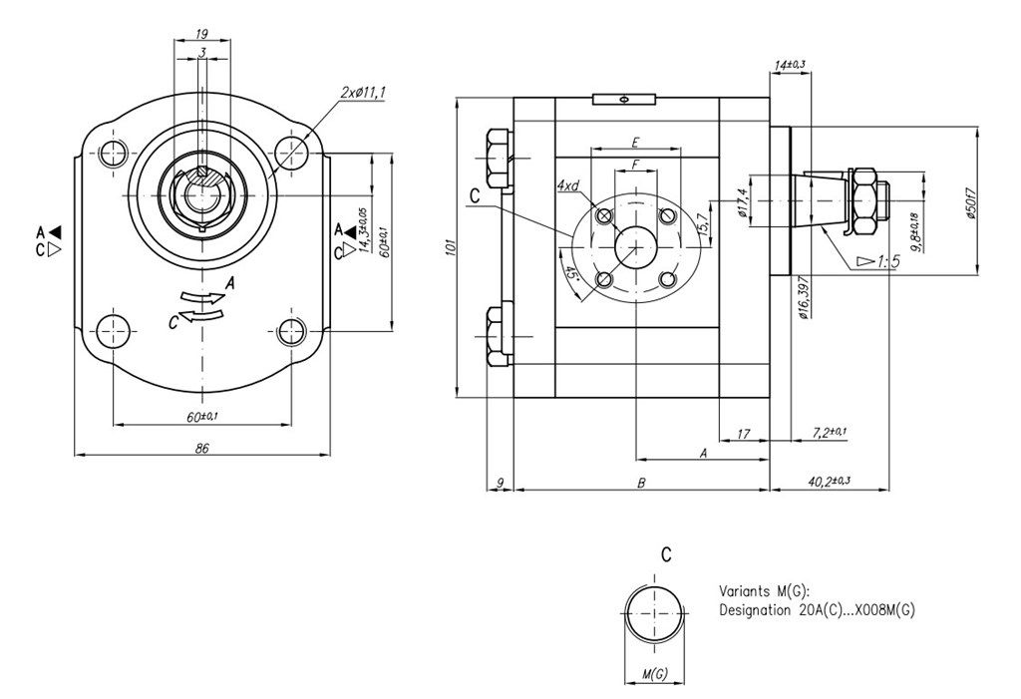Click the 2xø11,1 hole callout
click(363, 92)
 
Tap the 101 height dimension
click(449, 246)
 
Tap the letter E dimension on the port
click(634, 142)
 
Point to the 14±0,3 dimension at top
click(789, 65)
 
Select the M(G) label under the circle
click(654, 674)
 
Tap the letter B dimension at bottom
click(642, 483)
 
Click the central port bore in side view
click(634, 245)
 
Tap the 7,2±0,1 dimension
click(830, 432)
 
